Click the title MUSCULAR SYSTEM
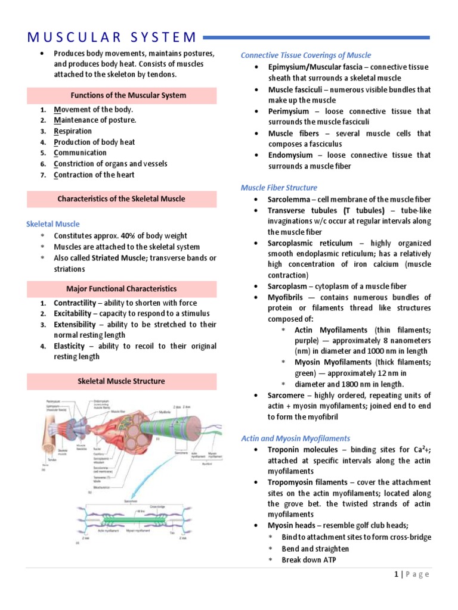click(111, 37)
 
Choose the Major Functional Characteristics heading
click(121, 289)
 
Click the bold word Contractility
click(75, 303)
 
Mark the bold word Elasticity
click(69, 346)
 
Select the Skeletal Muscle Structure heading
click(121, 381)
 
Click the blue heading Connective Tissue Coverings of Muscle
click(305, 55)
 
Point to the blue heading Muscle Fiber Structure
click(278, 188)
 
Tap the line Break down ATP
click(310, 559)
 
